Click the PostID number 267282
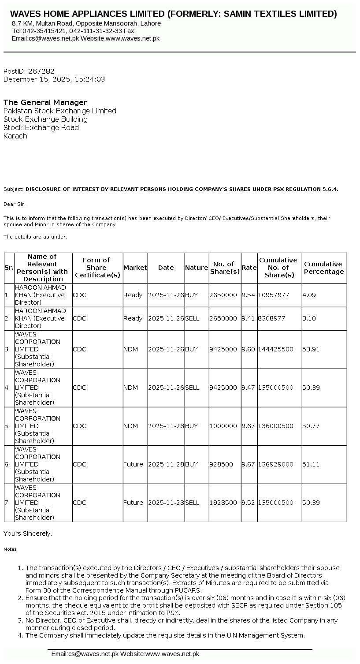click(x=41, y=71)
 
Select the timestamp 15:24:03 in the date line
click(x=90, y=79)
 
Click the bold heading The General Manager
click(x=45, y=102)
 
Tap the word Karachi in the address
click(x=16, y=136)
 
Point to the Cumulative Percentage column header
click(x=324, y=268)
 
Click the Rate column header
click(x=249, y=268)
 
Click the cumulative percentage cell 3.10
click(x=309, y=318)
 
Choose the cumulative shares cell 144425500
click(x=276, y=349)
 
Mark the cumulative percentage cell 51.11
click(x=311, y=464)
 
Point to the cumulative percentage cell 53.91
click(x=311, y=349)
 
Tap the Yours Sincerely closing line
click(x=27, y=533)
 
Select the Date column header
click(x=166, y=268)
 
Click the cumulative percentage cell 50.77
click(x=311, y=426)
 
